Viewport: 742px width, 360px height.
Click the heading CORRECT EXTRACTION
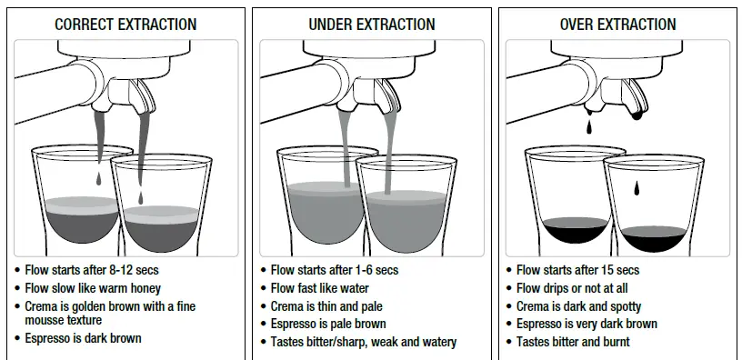tap(125, 25)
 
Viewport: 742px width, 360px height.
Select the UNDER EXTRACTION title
tap(372, 25)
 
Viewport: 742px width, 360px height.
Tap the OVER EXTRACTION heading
tap(618, 25)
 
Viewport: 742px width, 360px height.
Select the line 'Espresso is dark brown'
tap(84, 338)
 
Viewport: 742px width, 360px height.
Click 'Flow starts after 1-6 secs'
tap(335, 270)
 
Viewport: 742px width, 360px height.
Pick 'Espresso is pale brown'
tap(328, 324)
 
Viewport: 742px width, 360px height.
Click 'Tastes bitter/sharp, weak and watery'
tap(364, 342)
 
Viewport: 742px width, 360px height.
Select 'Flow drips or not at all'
tap(572, 288)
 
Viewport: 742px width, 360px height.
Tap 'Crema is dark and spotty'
tap(578, 306)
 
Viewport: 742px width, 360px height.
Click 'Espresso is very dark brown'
tap(587, 324)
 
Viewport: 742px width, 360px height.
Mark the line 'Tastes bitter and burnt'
tap(573, 342)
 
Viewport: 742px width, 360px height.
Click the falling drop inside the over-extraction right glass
tap(637, 189)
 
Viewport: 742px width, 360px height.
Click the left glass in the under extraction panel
tap(314, 200)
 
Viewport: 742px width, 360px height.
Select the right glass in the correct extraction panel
tap(161, 205)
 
